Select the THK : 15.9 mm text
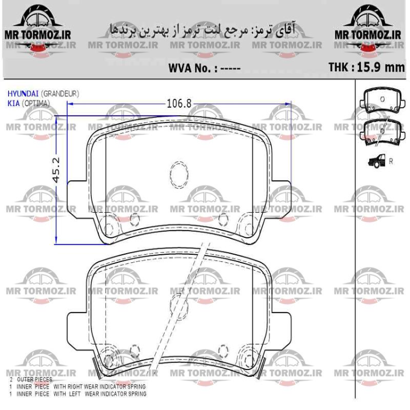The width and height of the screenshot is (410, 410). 366,68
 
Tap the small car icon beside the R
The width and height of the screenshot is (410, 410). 377,161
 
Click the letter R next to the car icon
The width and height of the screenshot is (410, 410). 391,161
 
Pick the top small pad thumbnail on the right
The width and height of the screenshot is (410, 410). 382,102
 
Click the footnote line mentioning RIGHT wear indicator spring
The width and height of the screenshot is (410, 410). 77,386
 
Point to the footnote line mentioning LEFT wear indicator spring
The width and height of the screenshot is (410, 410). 76,394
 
